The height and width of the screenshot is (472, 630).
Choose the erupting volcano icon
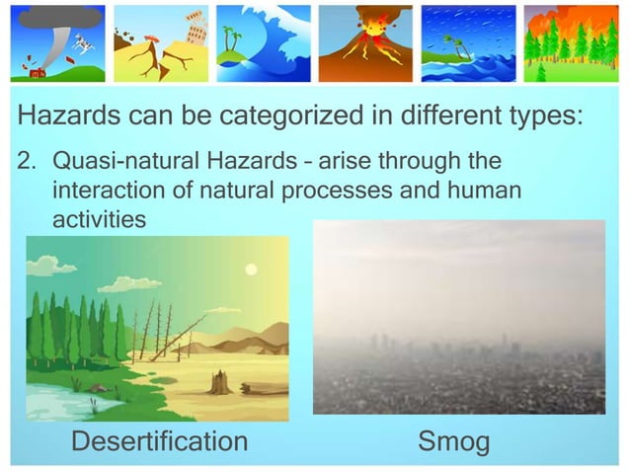pos(366,43)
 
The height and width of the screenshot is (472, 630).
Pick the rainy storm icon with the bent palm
pos(468,43)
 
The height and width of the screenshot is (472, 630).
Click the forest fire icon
pos(571,43)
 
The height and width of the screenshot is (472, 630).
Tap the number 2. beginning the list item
pos(30,160)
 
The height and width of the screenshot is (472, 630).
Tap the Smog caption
pos(454,441)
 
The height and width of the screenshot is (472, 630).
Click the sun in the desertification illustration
pos(251,269)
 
